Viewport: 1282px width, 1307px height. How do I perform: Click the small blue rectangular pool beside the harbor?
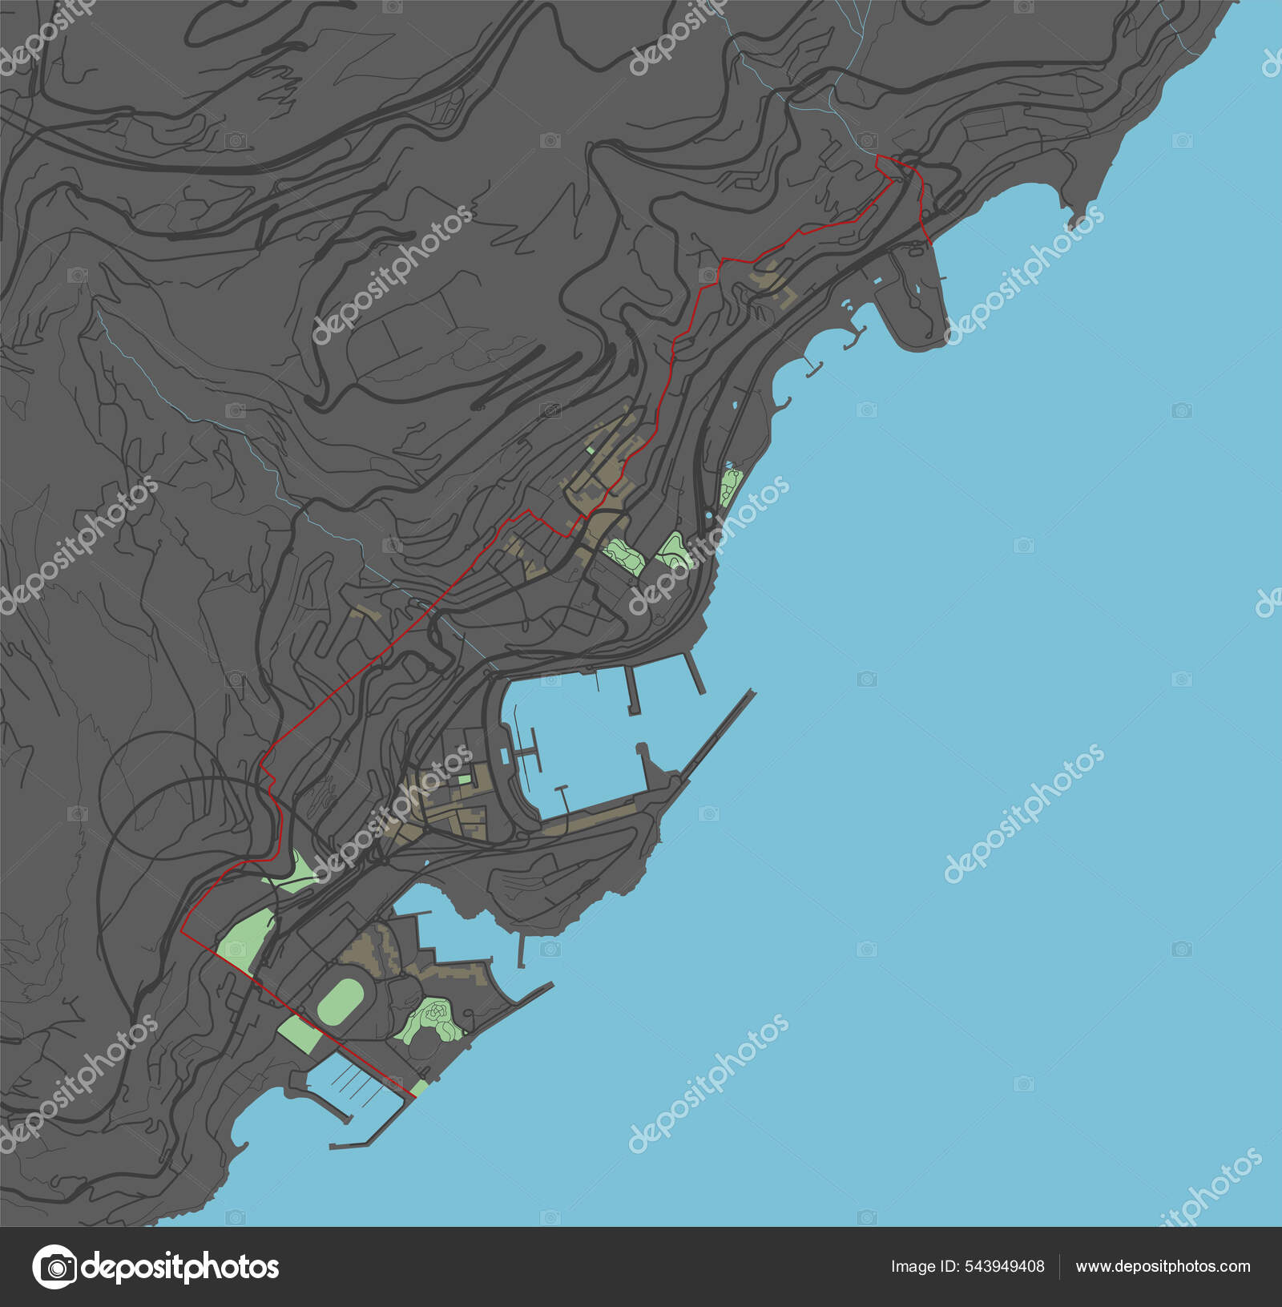(x=504, y=755)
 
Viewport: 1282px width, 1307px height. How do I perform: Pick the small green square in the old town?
(x=464, y=779)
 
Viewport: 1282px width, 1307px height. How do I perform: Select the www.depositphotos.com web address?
(x=1163, y=1266)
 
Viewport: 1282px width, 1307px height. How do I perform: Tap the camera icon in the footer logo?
(x=54, y=1267)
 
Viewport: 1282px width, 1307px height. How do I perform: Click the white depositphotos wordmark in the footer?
(x=179, y=1267)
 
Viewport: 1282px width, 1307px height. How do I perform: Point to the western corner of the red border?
(x=183, y=933)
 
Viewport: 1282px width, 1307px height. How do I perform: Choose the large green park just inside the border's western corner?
(x=244, y=937)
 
